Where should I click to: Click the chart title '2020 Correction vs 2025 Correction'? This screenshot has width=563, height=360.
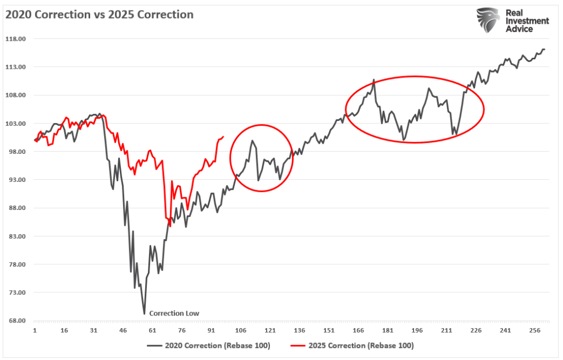click(x=100, y=15)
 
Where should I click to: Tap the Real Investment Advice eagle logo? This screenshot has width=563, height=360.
click(x=487, y=20)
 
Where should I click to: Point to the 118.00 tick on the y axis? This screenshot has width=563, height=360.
click(x=16, y=39)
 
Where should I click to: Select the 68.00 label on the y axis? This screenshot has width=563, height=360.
click(x=16, y=321)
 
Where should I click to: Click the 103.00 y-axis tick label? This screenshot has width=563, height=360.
click(x=16, y=124)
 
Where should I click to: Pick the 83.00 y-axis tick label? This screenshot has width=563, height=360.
click(x=16, y=236)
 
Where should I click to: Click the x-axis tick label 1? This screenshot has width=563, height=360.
click(x=35, y=331)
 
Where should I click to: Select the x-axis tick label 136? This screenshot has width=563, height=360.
click(x=300, y=331)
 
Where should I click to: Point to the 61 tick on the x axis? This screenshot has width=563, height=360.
click(x=152, y=331)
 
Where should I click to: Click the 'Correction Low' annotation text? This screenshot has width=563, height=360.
click(x=174, y=313)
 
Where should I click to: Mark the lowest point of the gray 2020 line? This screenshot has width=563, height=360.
click(x=145, y=314)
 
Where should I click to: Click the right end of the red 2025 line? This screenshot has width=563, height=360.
click(x=223, y=136)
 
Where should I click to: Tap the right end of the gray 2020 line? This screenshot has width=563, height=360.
click(x=544, y=49)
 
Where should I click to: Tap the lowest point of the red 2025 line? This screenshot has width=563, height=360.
click(x=170, y=226)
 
